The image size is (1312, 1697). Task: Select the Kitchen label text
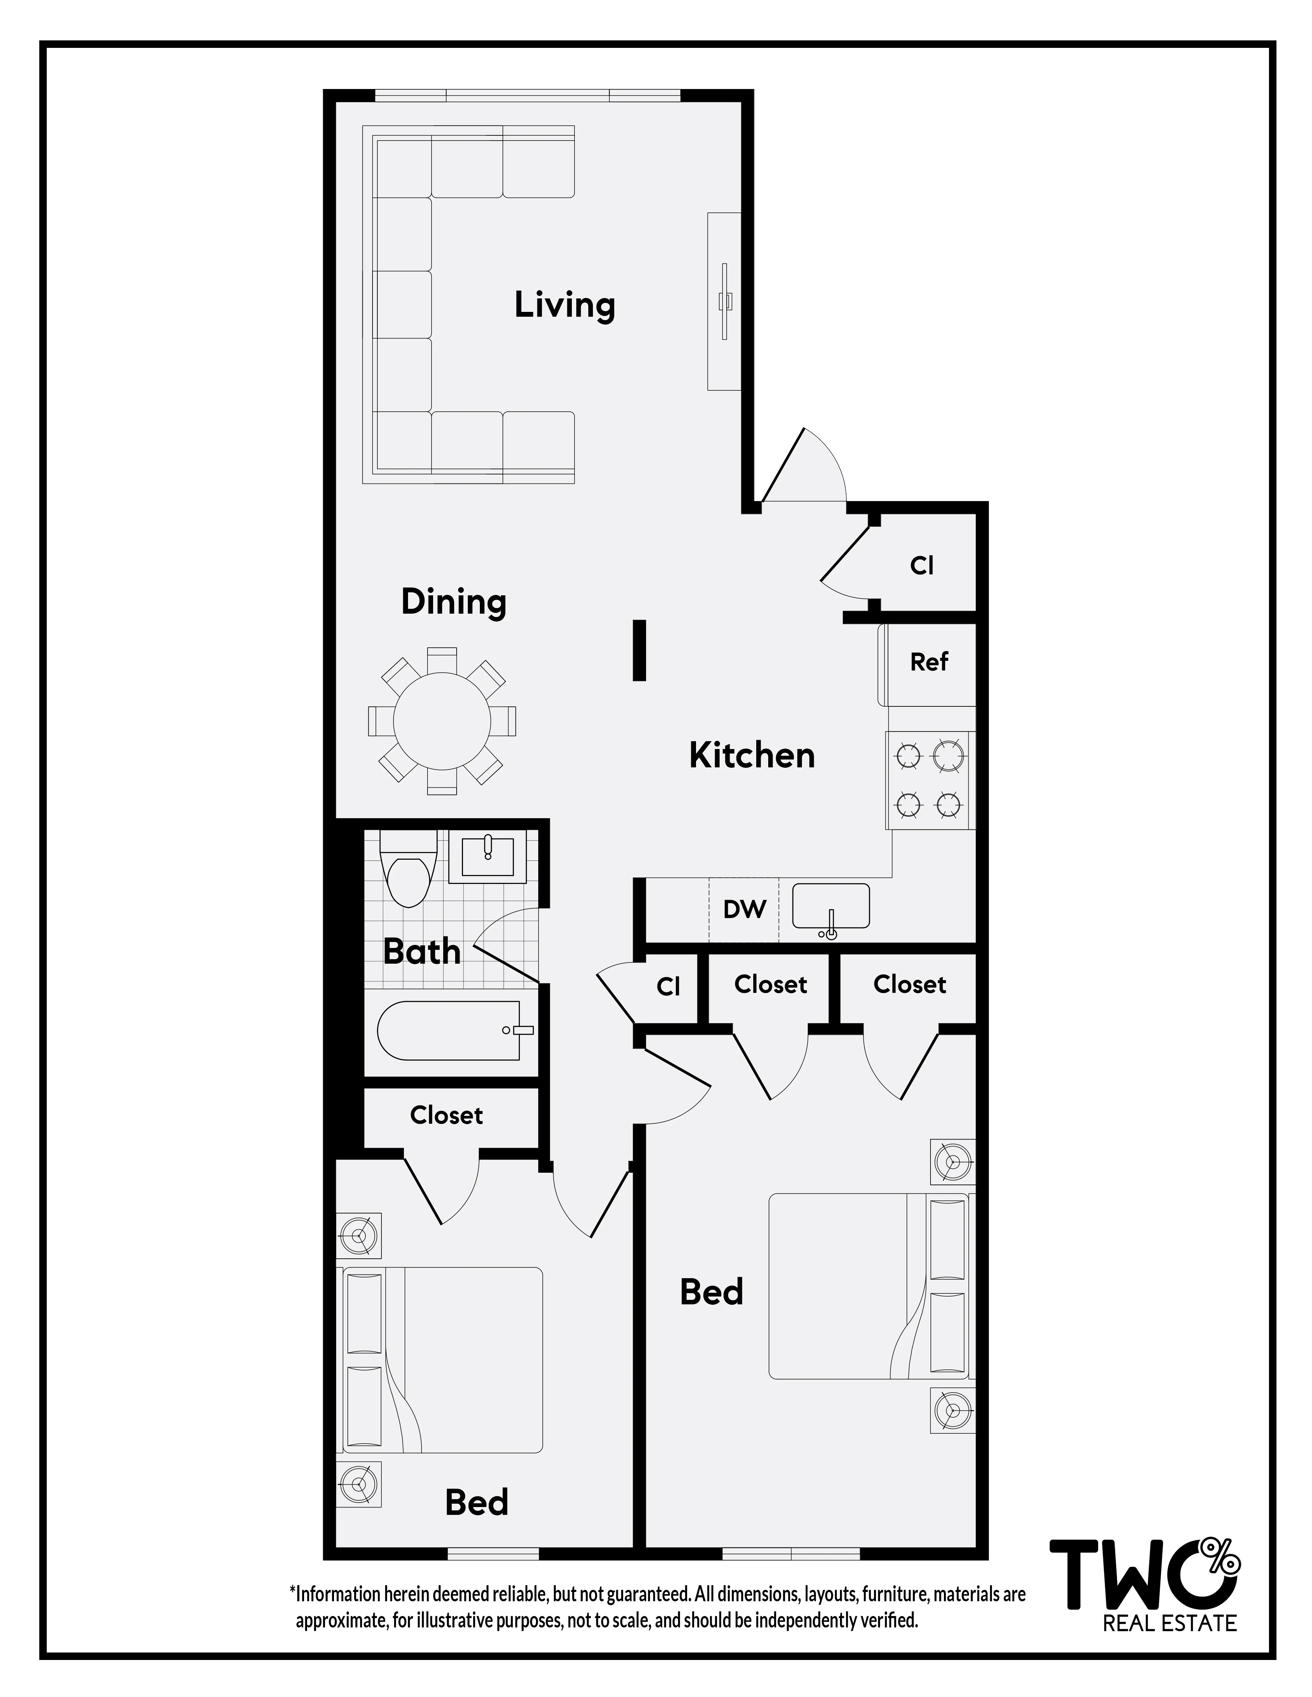tap(752, 755)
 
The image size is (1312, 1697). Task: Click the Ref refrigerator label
tap(929, 662)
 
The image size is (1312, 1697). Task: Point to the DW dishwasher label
tap(744, 909)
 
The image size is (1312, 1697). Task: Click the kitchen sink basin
tap(830, 905)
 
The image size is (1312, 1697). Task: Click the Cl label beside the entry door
tap(922, 566)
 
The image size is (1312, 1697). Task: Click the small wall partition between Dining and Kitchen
tap(639, 650)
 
